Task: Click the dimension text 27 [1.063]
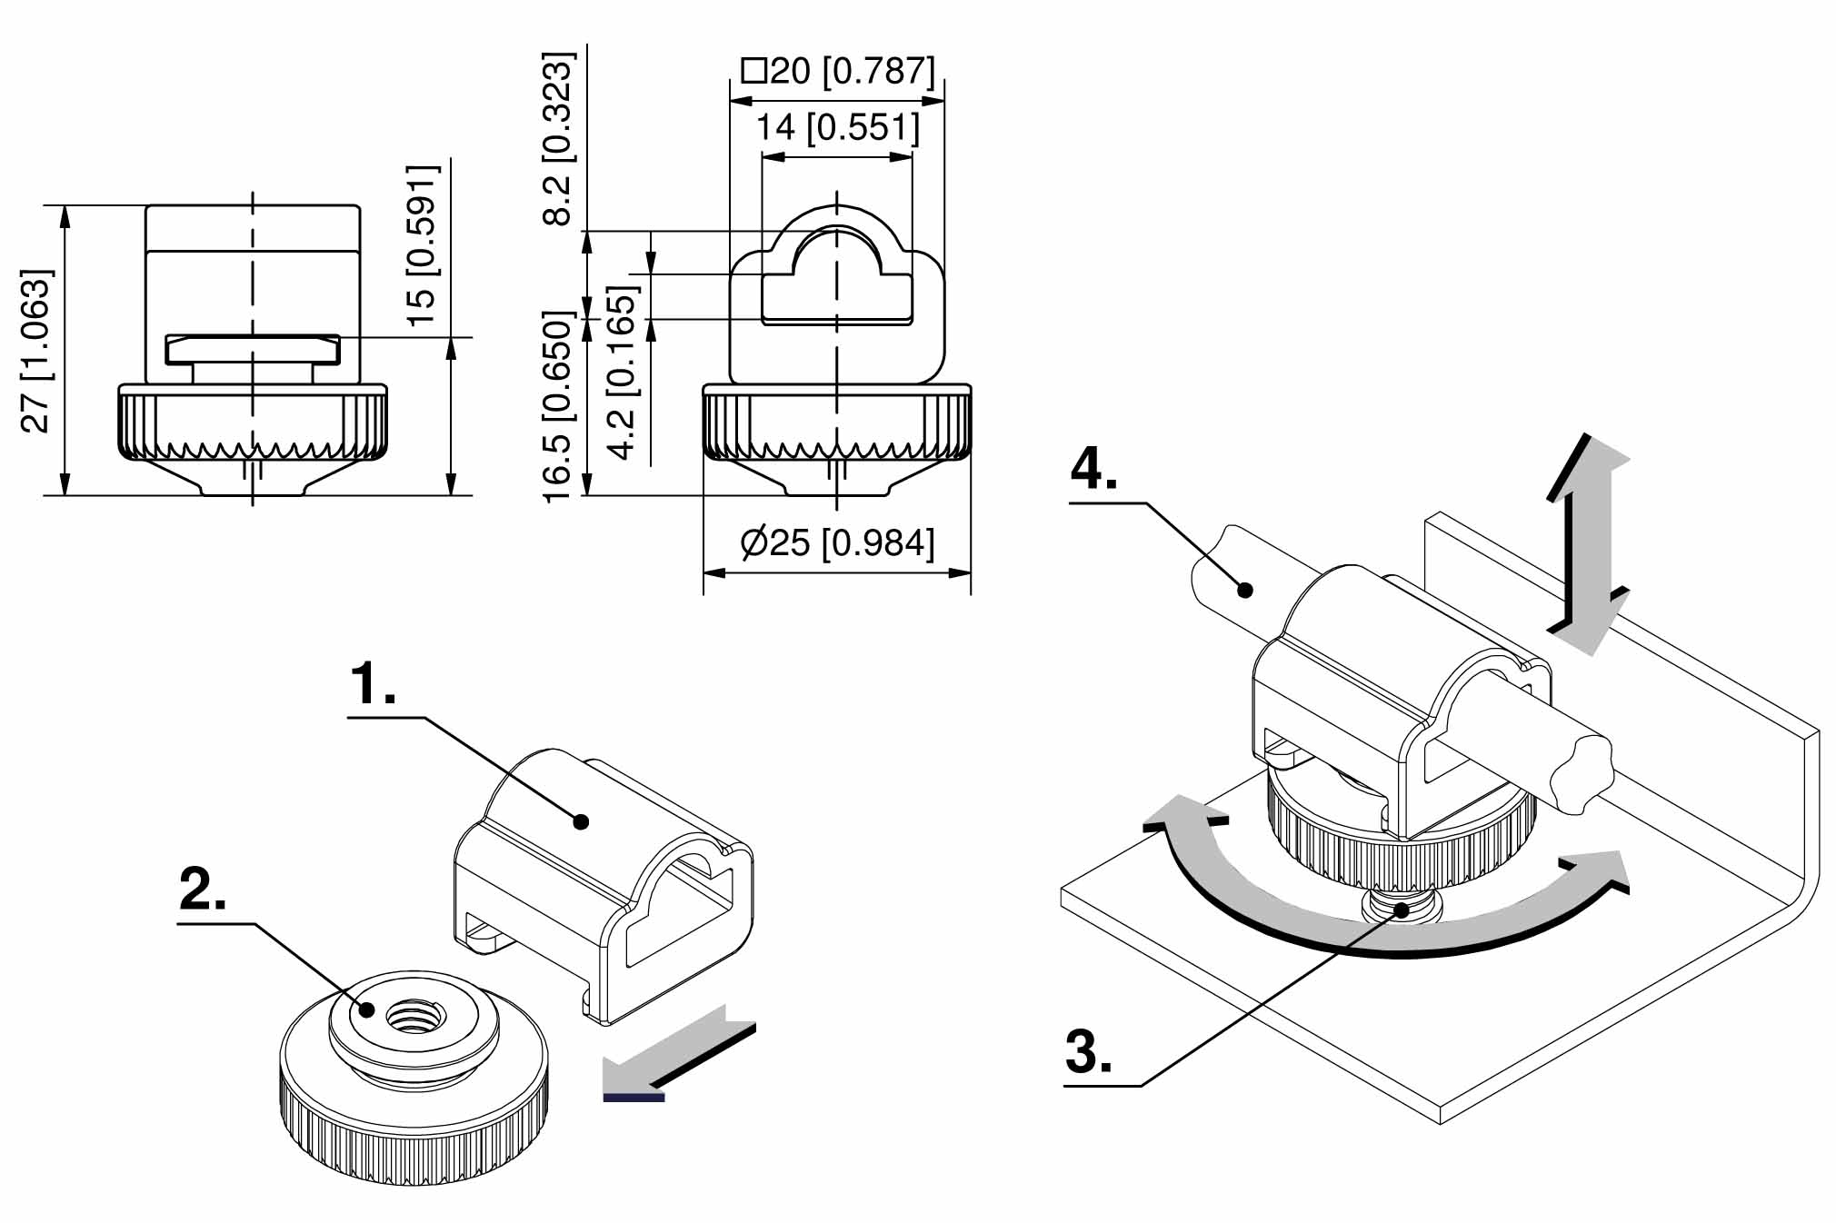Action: [36, 351]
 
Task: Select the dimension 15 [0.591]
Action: [423, 245]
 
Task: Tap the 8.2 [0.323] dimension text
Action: [558, 138]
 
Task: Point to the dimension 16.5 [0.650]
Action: [558, 406]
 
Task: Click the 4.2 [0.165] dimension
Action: [624, 373]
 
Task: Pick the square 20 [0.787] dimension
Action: [838, 71]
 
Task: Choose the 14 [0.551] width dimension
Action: [838, 127]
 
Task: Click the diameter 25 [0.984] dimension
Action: [837, 543]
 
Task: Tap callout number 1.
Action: [374, 684]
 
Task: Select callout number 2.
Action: [203, 889]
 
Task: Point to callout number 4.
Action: [1093, 469]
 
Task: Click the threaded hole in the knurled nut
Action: [414, 1014]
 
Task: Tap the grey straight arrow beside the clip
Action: [678, 1053]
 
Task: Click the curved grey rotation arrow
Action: [1386, 918]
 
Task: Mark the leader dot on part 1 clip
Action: [582, 822]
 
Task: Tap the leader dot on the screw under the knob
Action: [1404, 909]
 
